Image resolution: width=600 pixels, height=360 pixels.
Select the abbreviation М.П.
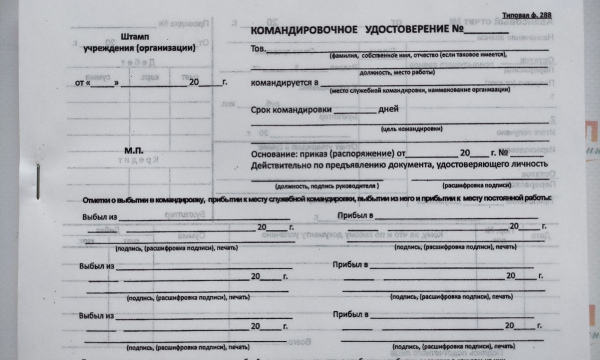(135, 151)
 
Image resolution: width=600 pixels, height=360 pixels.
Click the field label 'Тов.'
(258, 49)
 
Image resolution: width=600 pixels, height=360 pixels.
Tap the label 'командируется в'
(284, 84)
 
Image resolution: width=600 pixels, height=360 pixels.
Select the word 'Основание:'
(272, 154)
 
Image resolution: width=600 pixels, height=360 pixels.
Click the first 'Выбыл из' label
(100, 216)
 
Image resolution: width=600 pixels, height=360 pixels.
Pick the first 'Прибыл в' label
(356, 216)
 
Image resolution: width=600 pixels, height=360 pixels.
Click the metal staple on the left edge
(37, 192)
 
